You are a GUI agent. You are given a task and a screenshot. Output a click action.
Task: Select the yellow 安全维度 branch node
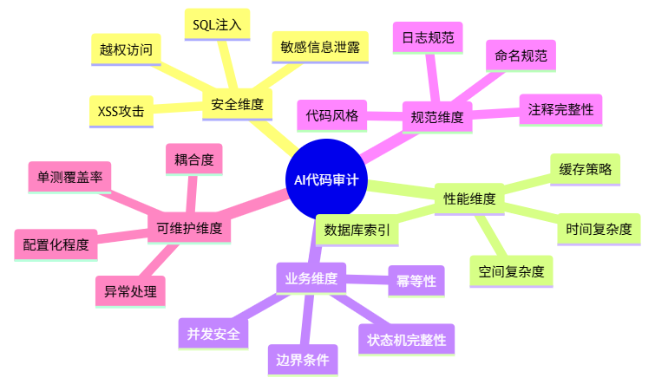pyautogui.click(x=237, y=105)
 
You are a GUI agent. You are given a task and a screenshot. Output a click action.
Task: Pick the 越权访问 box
pyautogui.click(x=126, y=49)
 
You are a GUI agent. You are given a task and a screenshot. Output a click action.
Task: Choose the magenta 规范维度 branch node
pyautogui.click(x=436, y=116)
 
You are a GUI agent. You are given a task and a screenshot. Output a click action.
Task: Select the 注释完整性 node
pyautogui.click(x=560, y=110)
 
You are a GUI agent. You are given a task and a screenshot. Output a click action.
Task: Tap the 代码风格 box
pyautogui.click(x=331, y=114)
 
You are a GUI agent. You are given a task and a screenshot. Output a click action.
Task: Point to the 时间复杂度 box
pyautogui.click(x=598, y=230)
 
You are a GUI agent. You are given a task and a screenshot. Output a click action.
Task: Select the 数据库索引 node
pyautogui.click(x=356, y=230)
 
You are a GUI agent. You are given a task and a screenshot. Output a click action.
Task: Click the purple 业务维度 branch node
pyautogui.click(x=311, y=278)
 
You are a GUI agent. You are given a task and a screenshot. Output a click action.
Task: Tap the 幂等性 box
pyautogui.click(x=416, y=281)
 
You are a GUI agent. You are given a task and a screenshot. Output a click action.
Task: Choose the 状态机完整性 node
pyautogui.click(x=406, y=340)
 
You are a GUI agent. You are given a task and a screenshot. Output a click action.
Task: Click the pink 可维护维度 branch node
pyautogui.click(x=189, y=230)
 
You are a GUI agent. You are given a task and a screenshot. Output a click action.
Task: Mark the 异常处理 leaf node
pyautogui.click(x=129, y=292)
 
